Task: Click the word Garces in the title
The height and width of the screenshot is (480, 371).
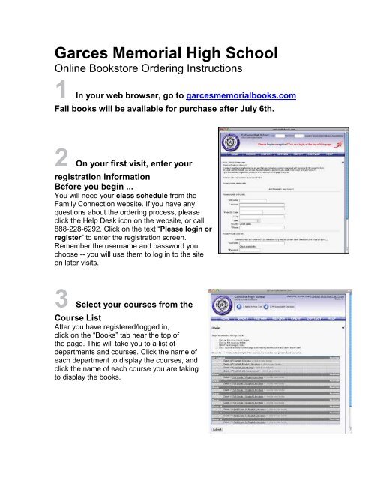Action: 85,55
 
